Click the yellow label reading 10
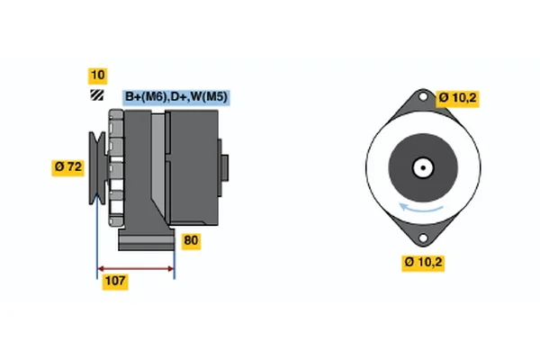click(98, 76)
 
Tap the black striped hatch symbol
click(97, 95)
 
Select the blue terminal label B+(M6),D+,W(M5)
click(176, 97)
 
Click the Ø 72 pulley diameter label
click(67, 167)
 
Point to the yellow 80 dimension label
click(191, 241)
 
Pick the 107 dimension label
click(115, 282)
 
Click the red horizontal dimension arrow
click(136, 269)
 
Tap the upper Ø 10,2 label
click(457, 99)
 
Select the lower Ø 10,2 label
click(423, 263)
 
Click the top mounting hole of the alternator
click(423, 96)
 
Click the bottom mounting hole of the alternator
click(423, 238)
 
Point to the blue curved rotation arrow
click(421, 208)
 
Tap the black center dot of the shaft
click(423, 167)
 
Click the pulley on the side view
click(97, 167)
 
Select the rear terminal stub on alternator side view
click(223, 167)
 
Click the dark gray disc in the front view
click(423, 167)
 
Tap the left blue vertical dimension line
click(97, 237)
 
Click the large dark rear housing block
click(192, 167)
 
